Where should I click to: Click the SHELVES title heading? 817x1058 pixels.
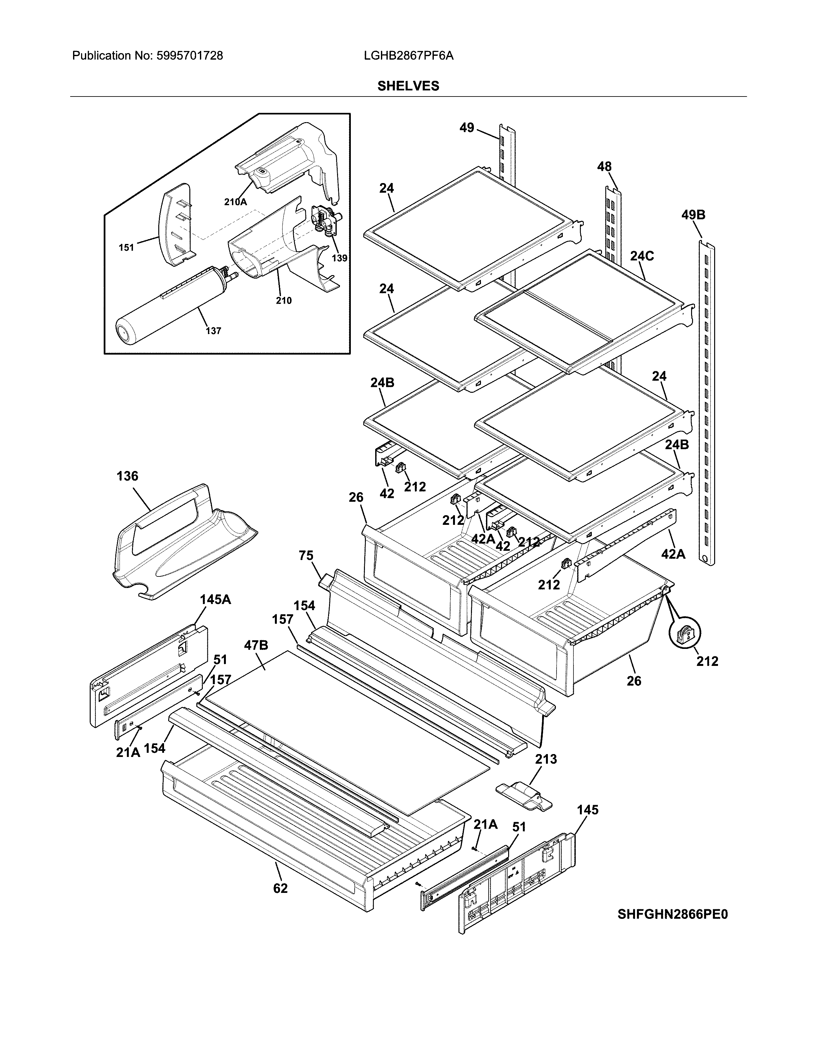tap(408, 86)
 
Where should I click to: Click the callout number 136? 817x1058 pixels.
tap(127, 476)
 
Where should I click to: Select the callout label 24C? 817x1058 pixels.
tap(642, 256)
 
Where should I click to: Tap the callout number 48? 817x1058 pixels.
tap(604, 167)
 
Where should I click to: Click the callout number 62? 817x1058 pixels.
tap(280, 888)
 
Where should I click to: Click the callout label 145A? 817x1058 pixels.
tap(215, 600)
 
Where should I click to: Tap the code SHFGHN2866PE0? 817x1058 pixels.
tap(672, 914)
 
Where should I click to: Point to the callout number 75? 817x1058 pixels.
tap(306, 556)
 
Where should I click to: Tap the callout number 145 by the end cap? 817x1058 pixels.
tap(588, 810)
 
